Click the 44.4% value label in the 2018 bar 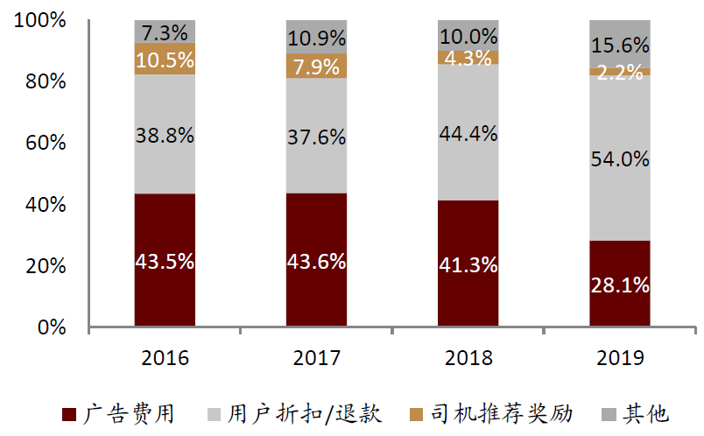click(468, 134)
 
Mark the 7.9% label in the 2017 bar click(317, 67)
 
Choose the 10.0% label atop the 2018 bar click(468, 37)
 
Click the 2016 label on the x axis click(165, 357)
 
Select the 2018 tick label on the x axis click(468, 357)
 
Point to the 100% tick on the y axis click(39, 20)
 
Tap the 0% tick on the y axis click(49, 327)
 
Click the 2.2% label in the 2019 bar click(619, 72)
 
